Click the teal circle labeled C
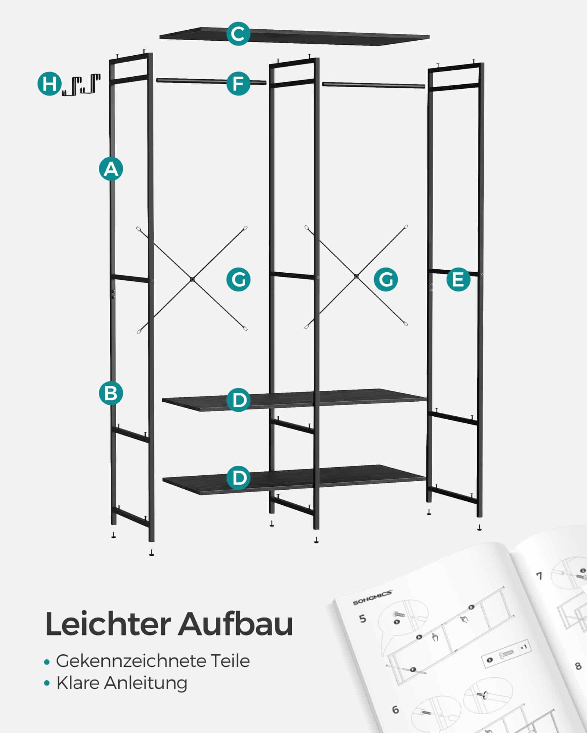[238, 34]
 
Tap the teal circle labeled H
[49, 84]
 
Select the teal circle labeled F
[238, 84]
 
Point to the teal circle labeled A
[111, 169]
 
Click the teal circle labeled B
[111, 393]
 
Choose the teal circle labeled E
[458, 280]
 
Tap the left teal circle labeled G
[238, 280]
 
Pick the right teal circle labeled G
[386, 280]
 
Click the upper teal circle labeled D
[238, 399]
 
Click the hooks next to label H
[81, 85]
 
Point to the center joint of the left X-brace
[192, 279]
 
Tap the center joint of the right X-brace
[356, 276]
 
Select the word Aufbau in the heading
[236, 624]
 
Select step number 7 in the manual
[539, 576]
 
